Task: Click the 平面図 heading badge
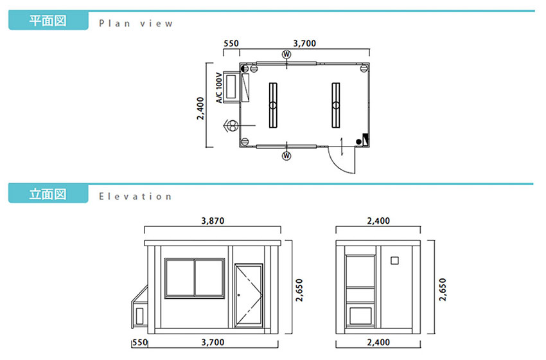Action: click(48, 20)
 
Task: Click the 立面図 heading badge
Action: click(48, 194)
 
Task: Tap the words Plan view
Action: click(136, 23)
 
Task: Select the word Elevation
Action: click(135, 197)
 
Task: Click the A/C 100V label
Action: click(219, 87)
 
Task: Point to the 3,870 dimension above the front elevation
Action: click(213, 221)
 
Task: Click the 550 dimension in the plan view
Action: click(231, 43)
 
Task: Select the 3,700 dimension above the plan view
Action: click(304, 43)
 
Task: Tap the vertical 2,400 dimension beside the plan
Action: click(200, 109)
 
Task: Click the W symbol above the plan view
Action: click(286, 55)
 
